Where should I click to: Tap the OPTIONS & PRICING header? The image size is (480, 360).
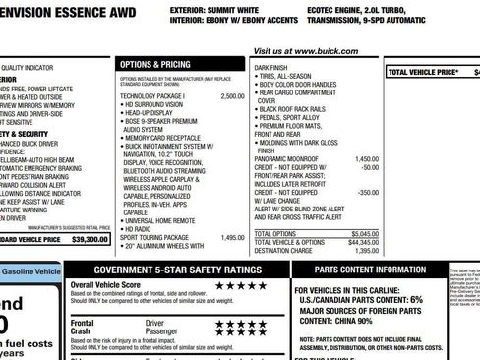(153, 63)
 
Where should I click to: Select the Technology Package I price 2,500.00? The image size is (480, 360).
(232, 96)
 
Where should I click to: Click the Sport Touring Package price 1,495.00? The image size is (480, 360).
(232, 237)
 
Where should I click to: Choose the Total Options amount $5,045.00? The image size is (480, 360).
(364, 233)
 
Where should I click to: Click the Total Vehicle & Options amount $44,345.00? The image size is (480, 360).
(362, 242)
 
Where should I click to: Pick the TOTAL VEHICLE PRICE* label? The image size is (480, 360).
(423, 72)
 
